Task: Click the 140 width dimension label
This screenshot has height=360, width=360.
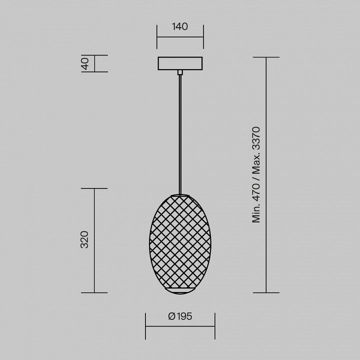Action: coord(180,26)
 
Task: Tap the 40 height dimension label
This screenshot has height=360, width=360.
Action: coord(85,63)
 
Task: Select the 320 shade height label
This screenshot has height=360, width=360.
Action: coord(84,239)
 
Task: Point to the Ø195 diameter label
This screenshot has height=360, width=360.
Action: coord(180,316)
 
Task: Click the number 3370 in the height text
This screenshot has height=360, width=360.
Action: coord(256,138)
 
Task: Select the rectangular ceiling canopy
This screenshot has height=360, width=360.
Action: coord(180,63)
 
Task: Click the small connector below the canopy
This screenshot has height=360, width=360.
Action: coord(180,72)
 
